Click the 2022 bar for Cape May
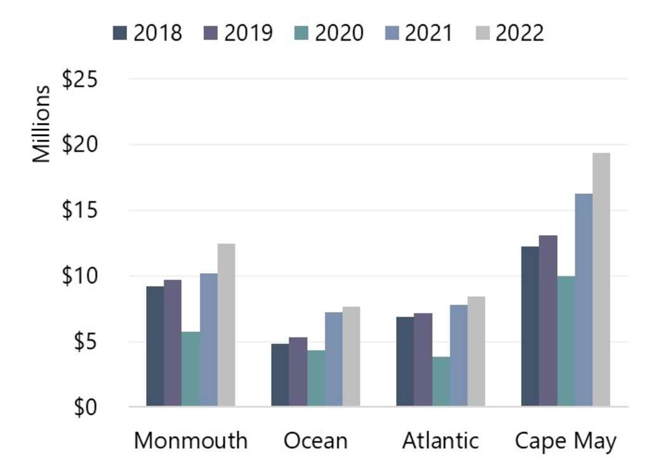coord(601,280)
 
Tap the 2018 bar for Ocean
coord(280,375)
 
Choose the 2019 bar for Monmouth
coord(173,343)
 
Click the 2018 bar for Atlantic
coord(405,362)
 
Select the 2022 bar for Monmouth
coord(226,325)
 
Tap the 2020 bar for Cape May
coord(566,341)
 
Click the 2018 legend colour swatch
coord(121,32)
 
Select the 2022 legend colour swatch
coord(482,32)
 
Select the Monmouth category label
coord(190,441)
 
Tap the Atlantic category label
coord(441,441)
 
